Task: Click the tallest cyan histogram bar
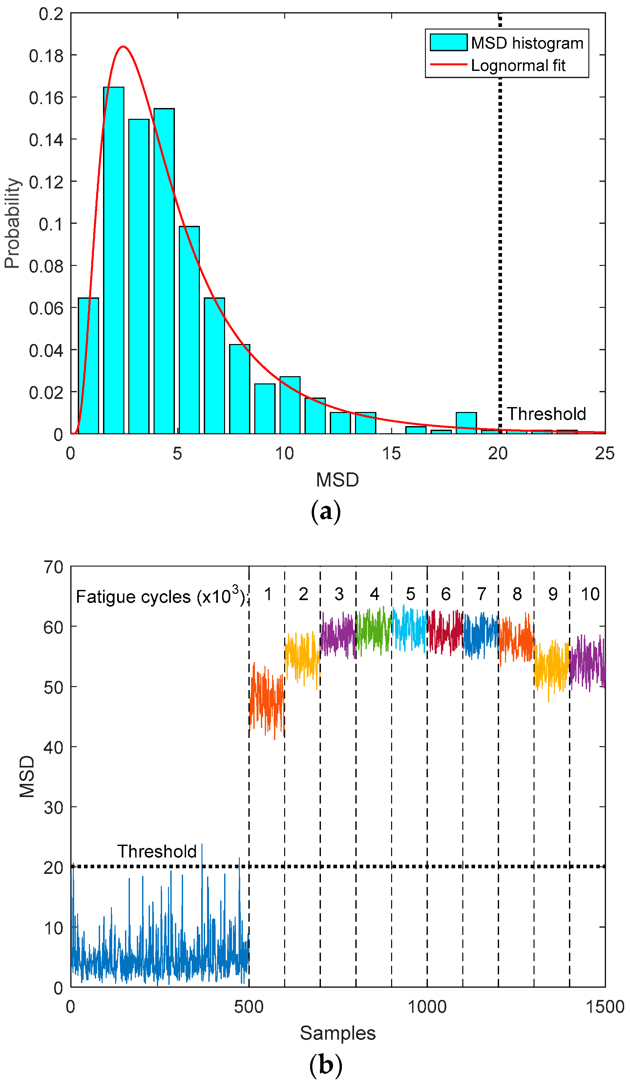[114, 257]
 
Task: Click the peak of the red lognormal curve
[123, 46]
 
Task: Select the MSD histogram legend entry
[506, 43]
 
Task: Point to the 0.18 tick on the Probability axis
[46, 56]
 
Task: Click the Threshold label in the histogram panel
[546, 414]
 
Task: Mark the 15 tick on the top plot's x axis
[391, 453]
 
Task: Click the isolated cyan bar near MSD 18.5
[466, 422]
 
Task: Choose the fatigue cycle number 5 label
[410, 594]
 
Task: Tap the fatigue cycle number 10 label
[590, 594]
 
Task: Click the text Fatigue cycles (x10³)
[161, 596]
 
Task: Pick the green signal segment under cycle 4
[373, 631]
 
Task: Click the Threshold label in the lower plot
[157, 852]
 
